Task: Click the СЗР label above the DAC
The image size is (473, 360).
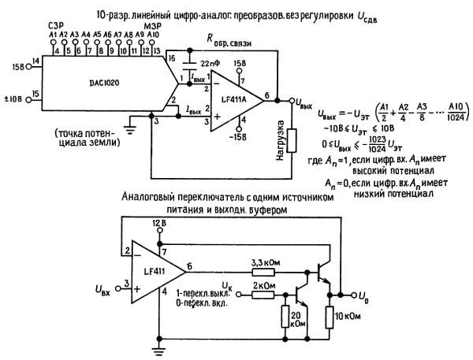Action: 54,26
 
